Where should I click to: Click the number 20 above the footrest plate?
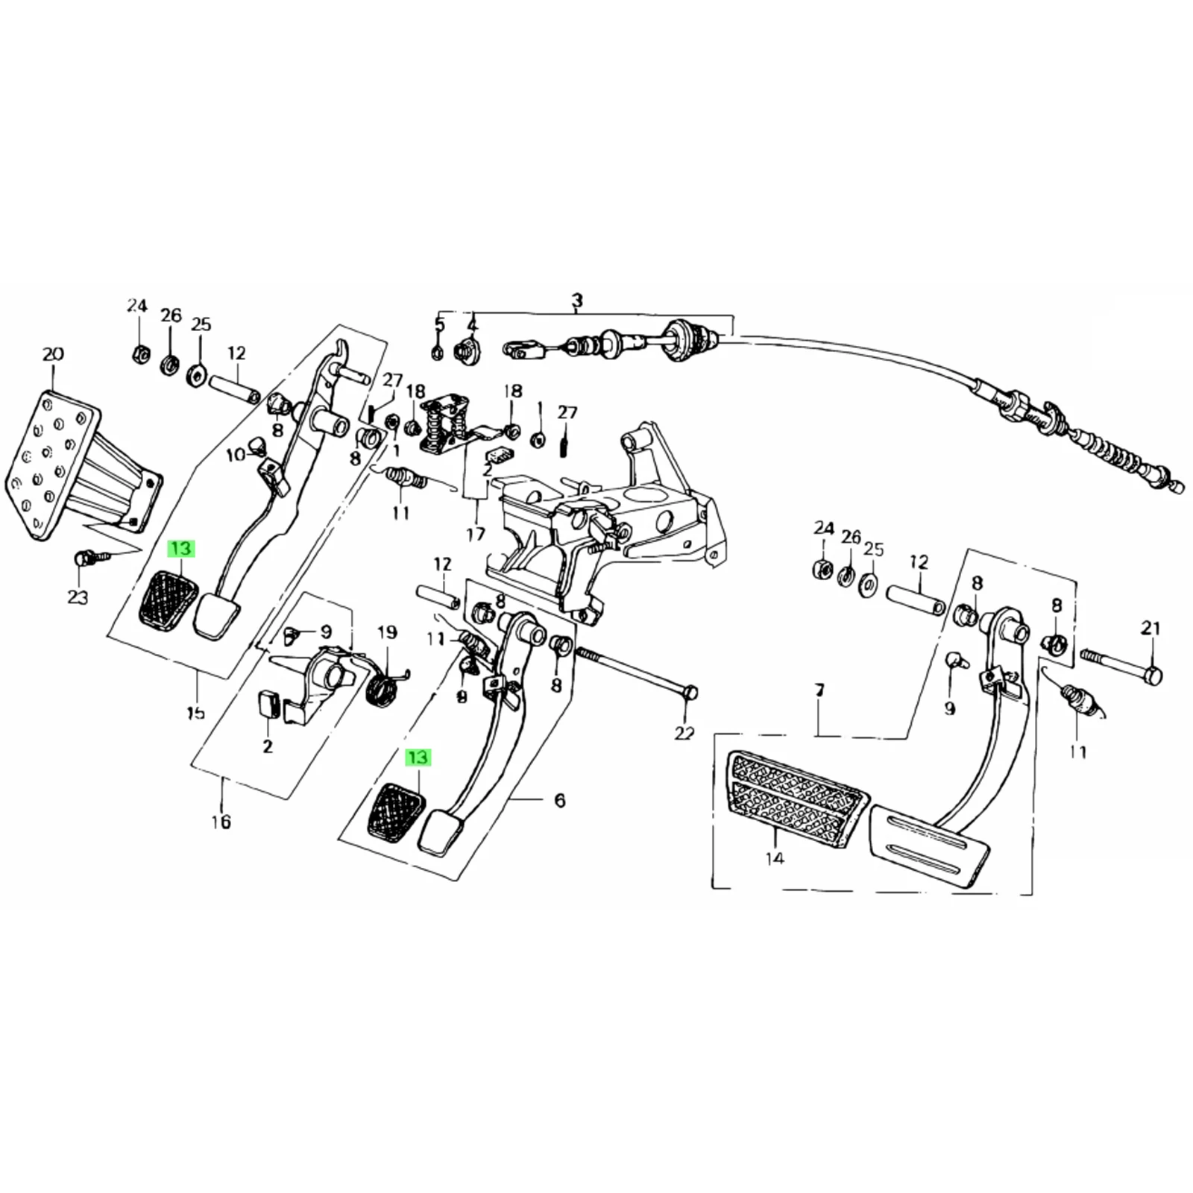pyautogui.click(x=53, y=354)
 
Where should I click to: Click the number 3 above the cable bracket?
pyautogui.click(x=577, y=300)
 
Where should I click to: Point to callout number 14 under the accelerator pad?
pyautogui.click(x=775, y=858)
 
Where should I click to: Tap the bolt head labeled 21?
pyautogui.click(x=1153, y=676)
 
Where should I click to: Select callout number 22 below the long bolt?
pyautogui.click(x=684, y=734)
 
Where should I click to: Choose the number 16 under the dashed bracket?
pyautogui.click(x=221, y=822)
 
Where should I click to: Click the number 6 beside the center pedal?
pyautogui.click(x=560, y=800)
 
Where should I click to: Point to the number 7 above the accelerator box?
pyautogui.click(x=819, y=691)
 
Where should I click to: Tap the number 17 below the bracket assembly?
pyautogui.click(x=475, y=534)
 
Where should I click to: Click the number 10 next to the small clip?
pyautogui.click(x=236, y=454)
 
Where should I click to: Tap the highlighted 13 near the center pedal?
pyautogui.click(x=418, y=758)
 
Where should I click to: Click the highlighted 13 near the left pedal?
pyautogui.click(x=181, y=549)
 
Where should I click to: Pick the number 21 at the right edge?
pyautogui.click(x=1150, y=629)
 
